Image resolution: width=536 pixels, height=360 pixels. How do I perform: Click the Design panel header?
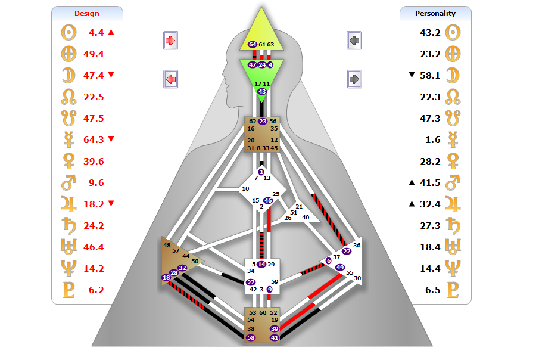[87, 14]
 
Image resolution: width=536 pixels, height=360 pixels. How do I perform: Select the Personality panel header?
[435, 14]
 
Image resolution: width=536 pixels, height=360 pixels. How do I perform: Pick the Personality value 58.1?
[430, 75]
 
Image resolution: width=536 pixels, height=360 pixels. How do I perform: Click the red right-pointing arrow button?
[170, 41]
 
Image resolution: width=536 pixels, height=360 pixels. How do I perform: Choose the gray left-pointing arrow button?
[354, 41]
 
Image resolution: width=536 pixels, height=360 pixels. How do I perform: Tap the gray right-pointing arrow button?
[354, 79]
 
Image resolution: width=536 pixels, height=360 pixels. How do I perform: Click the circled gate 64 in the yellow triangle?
[253, 45]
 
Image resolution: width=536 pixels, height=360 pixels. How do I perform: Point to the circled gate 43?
[262, 91]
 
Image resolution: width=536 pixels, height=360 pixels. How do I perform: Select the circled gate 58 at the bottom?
[251, 338]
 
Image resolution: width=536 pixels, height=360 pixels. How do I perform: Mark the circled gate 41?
[275, 338]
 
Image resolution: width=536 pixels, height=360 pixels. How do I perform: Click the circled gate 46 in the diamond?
[268, 201]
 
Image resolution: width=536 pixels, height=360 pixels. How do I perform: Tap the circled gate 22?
[347, 251]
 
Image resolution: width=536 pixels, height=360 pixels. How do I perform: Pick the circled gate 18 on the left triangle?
[166, 277]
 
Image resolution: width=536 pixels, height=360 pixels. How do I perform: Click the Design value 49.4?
[94, 54]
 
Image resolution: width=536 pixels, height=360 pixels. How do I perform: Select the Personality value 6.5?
[430, 290]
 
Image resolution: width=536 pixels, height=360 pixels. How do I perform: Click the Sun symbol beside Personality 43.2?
[454, 32]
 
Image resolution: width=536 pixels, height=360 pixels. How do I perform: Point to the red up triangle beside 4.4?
[111, 32]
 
